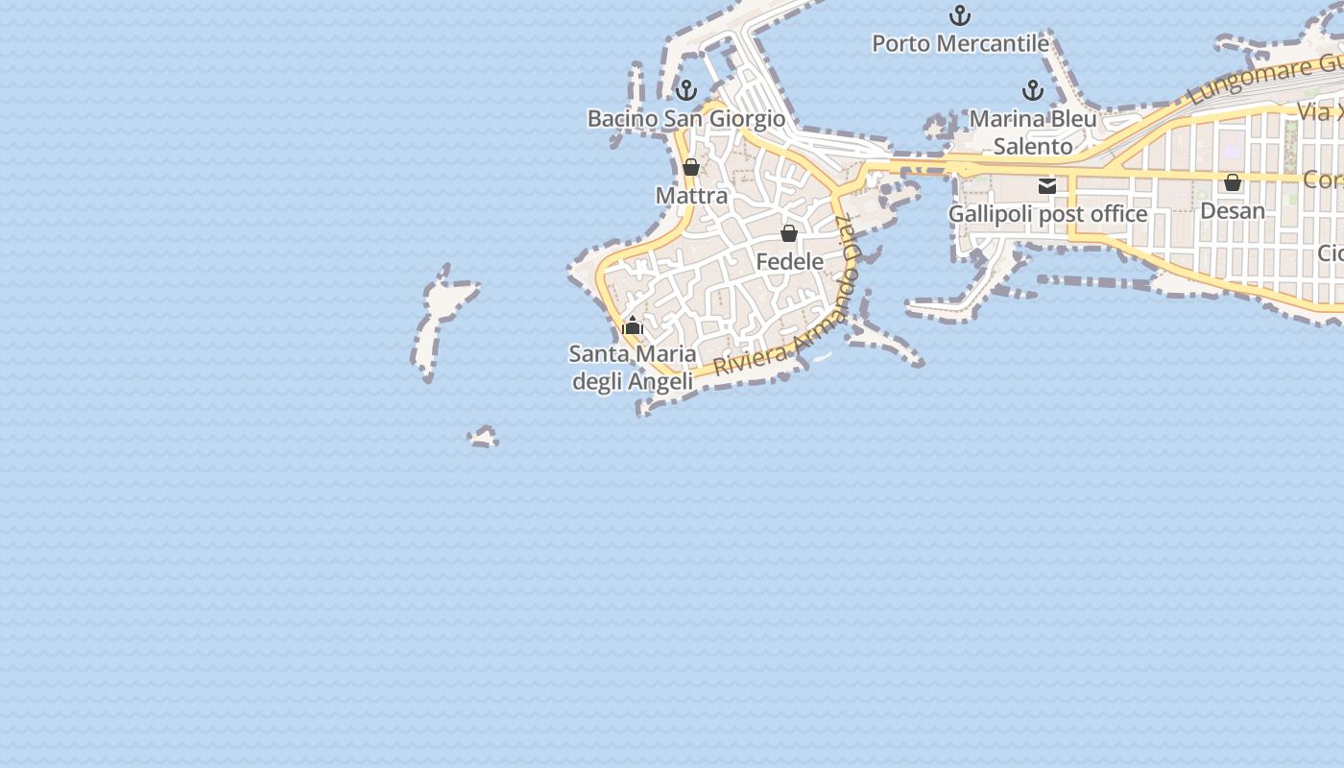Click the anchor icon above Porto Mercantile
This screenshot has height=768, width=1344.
[x=959, y=15]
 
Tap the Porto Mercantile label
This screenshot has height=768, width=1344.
[x=960, y=43]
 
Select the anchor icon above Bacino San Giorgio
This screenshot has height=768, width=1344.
[x=685, y=90]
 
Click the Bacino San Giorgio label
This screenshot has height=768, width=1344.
[x=685, y=119]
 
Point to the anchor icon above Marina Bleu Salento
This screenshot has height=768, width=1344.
[x=1033, y=90]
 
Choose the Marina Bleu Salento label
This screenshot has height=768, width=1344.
[x=1033, y=132]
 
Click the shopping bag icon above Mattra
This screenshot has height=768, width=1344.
[x=691, y=167]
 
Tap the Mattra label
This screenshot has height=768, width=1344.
[x=691, y=196]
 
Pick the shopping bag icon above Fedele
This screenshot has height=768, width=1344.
[x=789, y=233]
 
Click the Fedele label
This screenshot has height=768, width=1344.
[x=789, y=261]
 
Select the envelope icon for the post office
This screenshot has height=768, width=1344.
[x=1047, y=186]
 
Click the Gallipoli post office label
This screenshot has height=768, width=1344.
[x=1047, y=214]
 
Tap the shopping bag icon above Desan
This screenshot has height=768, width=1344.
[x=1233, y=182]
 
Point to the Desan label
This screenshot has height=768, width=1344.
[x=1233, y=210]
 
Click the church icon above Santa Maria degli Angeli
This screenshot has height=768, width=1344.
[x=633, y=326]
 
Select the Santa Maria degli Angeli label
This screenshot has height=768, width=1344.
[x=633, y=368]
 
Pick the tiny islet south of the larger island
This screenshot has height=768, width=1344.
[x=484, y=438]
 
